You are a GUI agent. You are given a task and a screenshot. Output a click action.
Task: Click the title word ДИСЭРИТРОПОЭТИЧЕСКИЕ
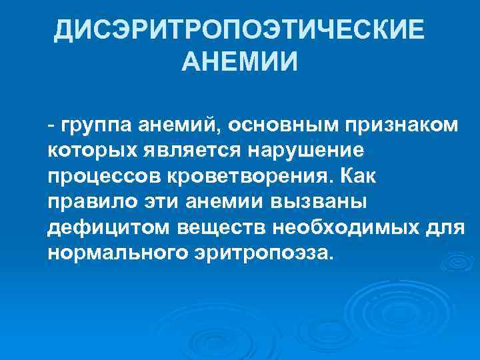[239, 31]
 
